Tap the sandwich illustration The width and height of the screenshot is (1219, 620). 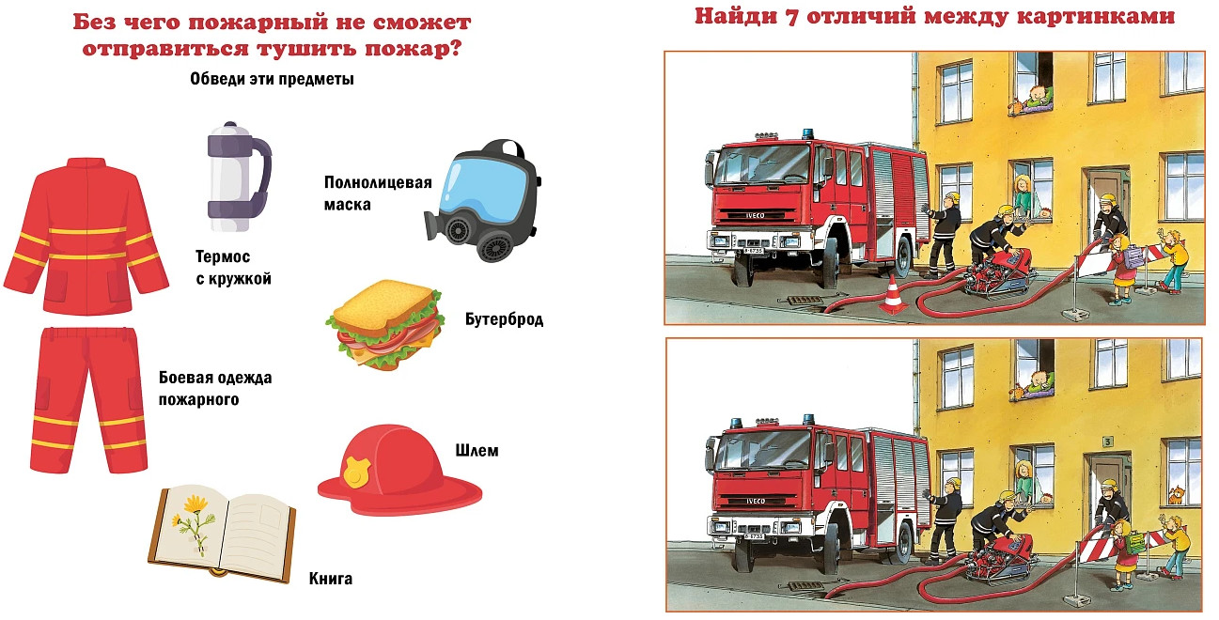(385, 324)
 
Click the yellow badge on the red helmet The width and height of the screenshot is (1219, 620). (355, 471)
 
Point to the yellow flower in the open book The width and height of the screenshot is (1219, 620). (192, 522)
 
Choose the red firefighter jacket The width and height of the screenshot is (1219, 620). (86, 237)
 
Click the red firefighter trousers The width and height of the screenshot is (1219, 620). (88, 400)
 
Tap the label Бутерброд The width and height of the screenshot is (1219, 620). (504, 318)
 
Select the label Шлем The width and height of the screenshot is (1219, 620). (477, 450)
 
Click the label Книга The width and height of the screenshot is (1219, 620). (330, 578)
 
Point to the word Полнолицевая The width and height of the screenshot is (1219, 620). (378, 182)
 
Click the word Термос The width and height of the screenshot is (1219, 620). (223, 256)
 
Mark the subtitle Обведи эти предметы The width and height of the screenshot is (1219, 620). (272, 79)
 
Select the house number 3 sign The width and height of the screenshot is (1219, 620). (1107, 442)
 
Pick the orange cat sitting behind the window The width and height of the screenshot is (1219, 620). (1177, 494)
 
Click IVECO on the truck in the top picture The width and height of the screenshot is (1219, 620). (755, 216)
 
